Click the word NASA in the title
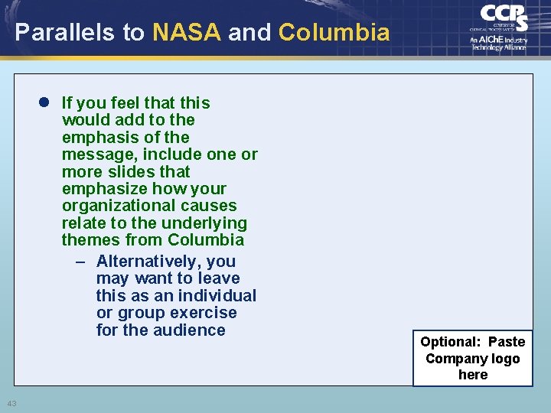(187, 32)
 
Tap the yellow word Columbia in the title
(334, 32)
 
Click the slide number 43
(11, 403)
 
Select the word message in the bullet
(94, 154)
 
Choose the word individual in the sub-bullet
(217, 296)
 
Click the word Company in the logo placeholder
(455, 359)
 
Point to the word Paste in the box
(507, 342)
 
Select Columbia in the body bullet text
(206, 240)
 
